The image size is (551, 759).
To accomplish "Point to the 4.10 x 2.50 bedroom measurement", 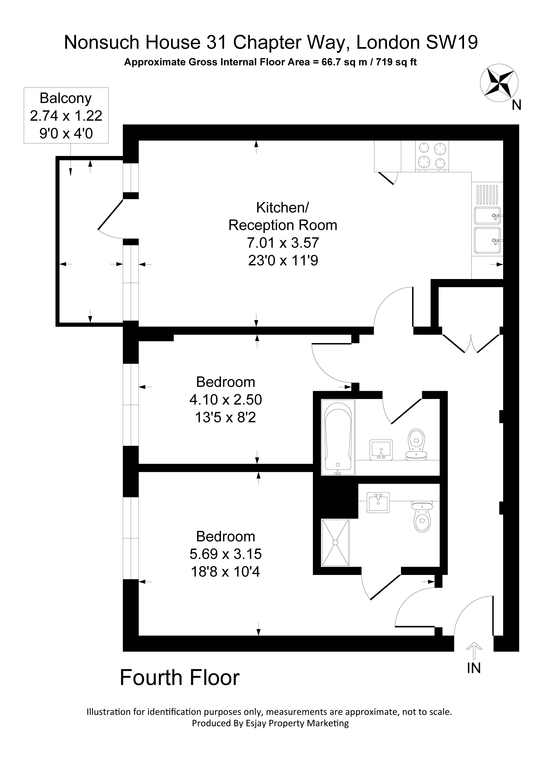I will pos(225,400).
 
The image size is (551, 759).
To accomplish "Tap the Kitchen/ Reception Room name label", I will pos(283,216).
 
